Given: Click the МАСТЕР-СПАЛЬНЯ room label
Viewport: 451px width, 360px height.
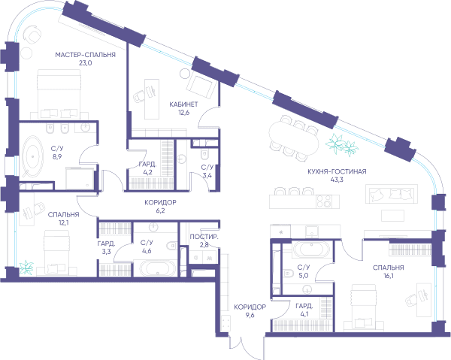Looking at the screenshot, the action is click(x=85, y=55).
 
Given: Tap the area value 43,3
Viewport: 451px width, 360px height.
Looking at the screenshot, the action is click(x=337, y=180).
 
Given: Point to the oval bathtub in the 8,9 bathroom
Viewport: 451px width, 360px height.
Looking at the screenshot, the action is click(x=32, y=156).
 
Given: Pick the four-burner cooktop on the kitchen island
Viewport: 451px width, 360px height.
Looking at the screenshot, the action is click(x=323, y=201).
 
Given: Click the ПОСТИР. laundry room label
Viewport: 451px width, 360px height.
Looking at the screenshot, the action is click(x=204, y=237).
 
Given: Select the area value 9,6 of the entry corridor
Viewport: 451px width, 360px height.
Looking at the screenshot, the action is click(x=250, y=315).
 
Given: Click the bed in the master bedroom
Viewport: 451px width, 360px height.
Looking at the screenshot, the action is click(x=59, y=94).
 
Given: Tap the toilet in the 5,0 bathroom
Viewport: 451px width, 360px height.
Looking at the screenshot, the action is click(x=288, y=273).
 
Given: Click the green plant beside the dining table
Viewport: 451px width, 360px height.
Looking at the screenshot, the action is click(x=342, y=144).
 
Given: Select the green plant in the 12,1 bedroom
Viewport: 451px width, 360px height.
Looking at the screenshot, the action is click(x=26, y=267).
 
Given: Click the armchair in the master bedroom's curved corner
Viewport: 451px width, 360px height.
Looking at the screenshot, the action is click(x=32, y=35).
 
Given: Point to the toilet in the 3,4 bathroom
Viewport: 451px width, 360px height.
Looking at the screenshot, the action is click(x=204, y=155).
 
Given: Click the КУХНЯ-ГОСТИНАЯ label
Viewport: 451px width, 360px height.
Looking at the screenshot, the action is click(x=337, y=171).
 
